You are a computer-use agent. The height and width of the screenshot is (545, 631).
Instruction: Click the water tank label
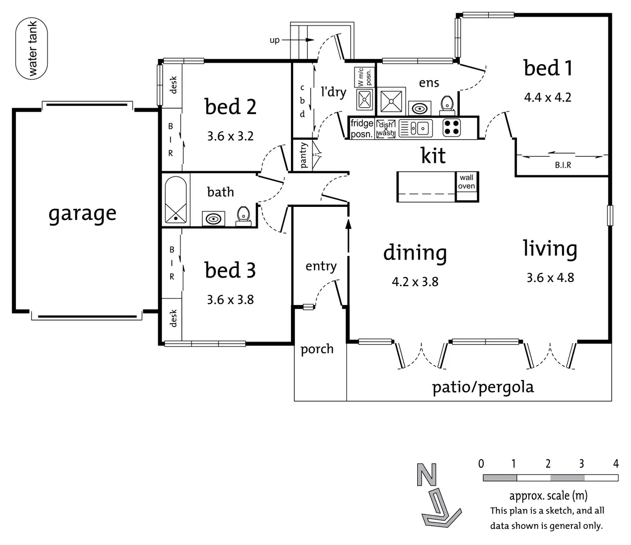(x=32, y=49)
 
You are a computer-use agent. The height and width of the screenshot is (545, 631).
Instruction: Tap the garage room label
(x=83, y=214)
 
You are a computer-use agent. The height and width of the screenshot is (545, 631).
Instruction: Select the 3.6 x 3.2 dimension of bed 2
(x=230, y=136)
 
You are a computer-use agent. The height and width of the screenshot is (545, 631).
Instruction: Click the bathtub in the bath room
(x=176, y=199)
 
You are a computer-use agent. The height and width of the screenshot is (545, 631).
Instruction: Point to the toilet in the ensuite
(x=447, y=105)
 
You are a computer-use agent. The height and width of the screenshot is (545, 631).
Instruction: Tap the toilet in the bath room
(x=243, y=216)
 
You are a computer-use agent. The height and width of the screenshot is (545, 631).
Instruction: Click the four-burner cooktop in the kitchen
(x=452, y=128)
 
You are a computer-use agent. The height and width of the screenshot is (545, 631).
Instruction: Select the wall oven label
(x=466, y=182)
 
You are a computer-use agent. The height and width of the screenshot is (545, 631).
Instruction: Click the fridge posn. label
(x=362, y=129)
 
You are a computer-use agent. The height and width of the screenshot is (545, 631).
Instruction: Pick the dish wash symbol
(x=386, y=129)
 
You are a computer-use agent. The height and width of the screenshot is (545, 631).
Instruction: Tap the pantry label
(x=303, y=155)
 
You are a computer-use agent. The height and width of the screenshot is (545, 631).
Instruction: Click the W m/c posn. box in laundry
(x=365, y=77)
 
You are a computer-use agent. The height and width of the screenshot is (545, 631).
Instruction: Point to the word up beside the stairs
(x=274, y=40)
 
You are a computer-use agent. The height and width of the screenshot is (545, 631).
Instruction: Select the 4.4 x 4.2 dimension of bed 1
(x=548, y=97)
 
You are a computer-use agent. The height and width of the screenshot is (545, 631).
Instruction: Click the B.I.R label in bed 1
(x=563, y=165)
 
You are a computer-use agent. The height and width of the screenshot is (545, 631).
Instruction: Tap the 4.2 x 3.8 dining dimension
(x=415, y=282)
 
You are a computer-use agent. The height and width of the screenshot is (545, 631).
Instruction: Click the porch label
(x=317, y=350)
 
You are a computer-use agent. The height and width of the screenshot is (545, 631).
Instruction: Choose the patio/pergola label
(x=483, y=387)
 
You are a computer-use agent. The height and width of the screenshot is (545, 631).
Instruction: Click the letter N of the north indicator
(x=427, y=475)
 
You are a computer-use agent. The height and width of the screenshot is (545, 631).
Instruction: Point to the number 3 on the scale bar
(x=581, y=464)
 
